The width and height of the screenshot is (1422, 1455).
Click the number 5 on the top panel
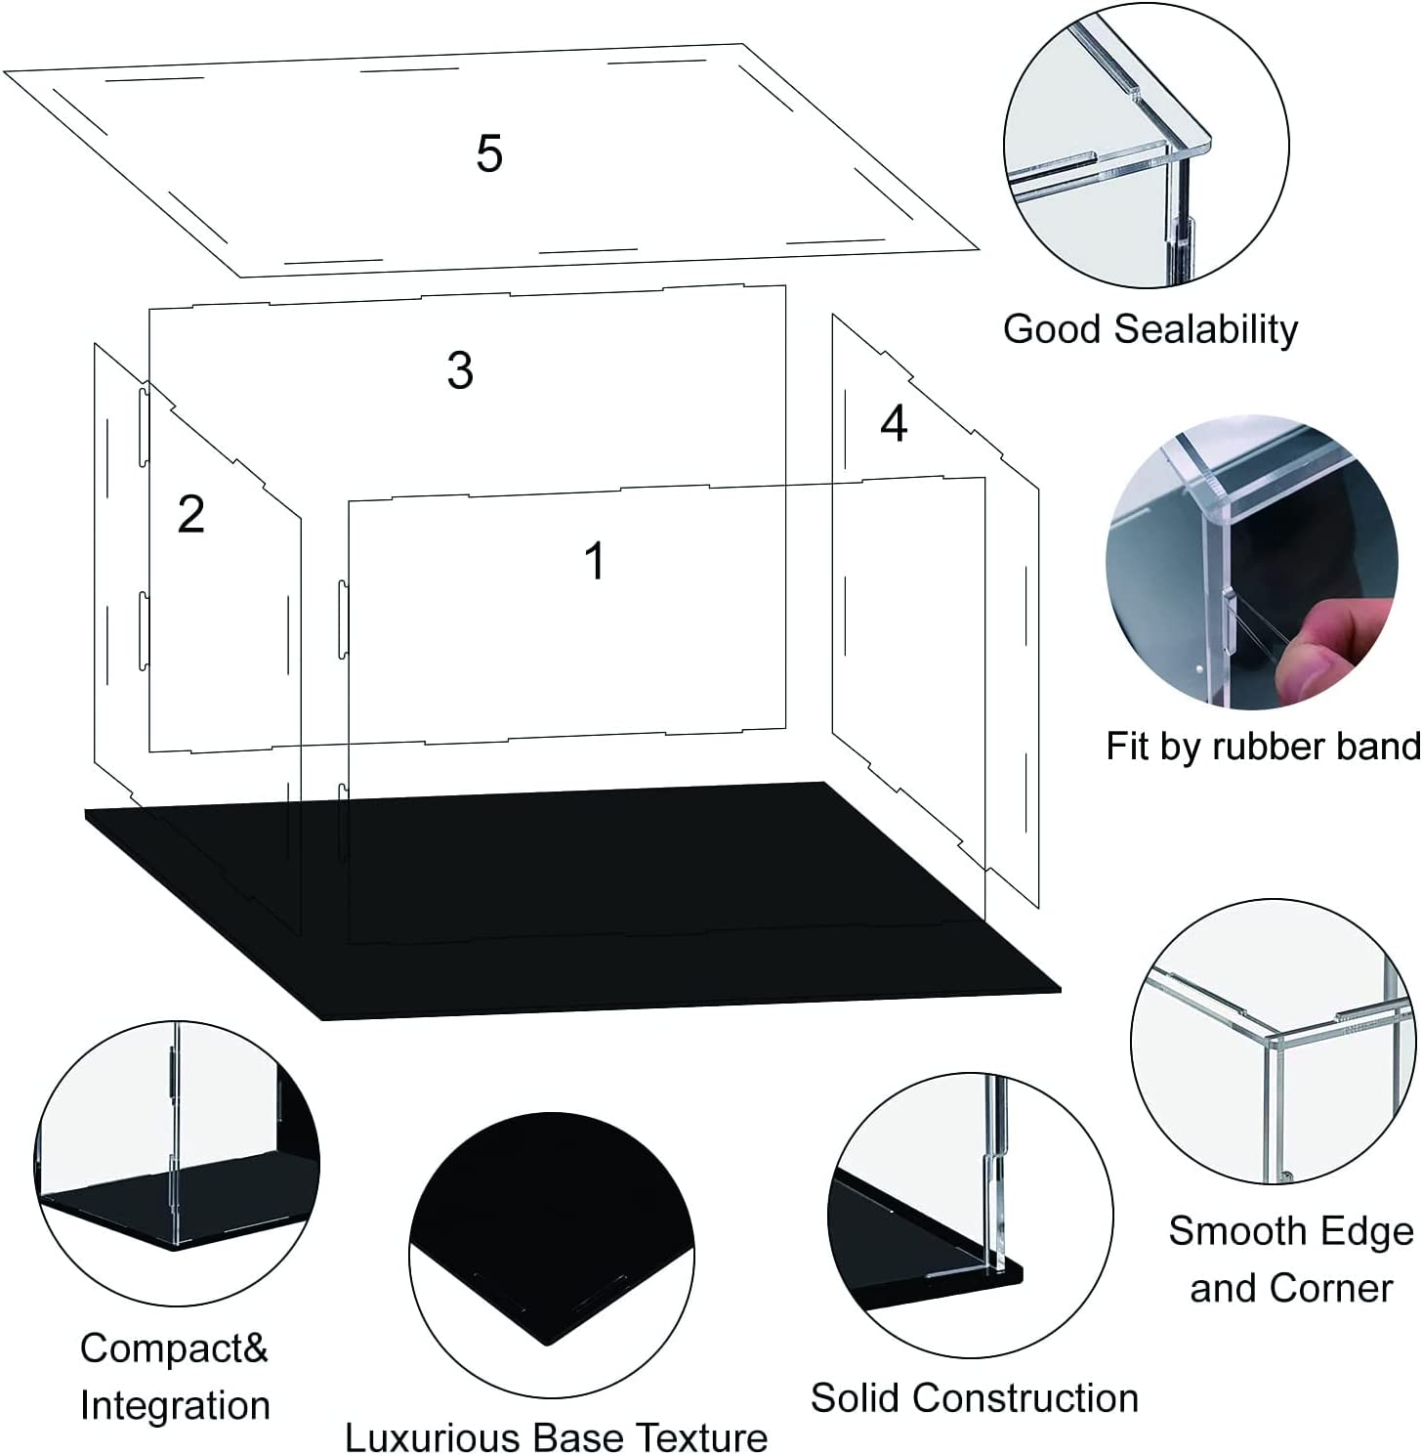489,154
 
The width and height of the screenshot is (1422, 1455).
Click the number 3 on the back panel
460,371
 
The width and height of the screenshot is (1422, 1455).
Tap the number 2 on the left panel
191,514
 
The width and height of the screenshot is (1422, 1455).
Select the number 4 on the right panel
894,424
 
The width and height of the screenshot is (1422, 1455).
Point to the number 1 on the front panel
594,562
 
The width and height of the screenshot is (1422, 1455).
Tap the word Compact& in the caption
174,1348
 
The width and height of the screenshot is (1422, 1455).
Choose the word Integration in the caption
175,1405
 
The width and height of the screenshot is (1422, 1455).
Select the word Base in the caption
579,1437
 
